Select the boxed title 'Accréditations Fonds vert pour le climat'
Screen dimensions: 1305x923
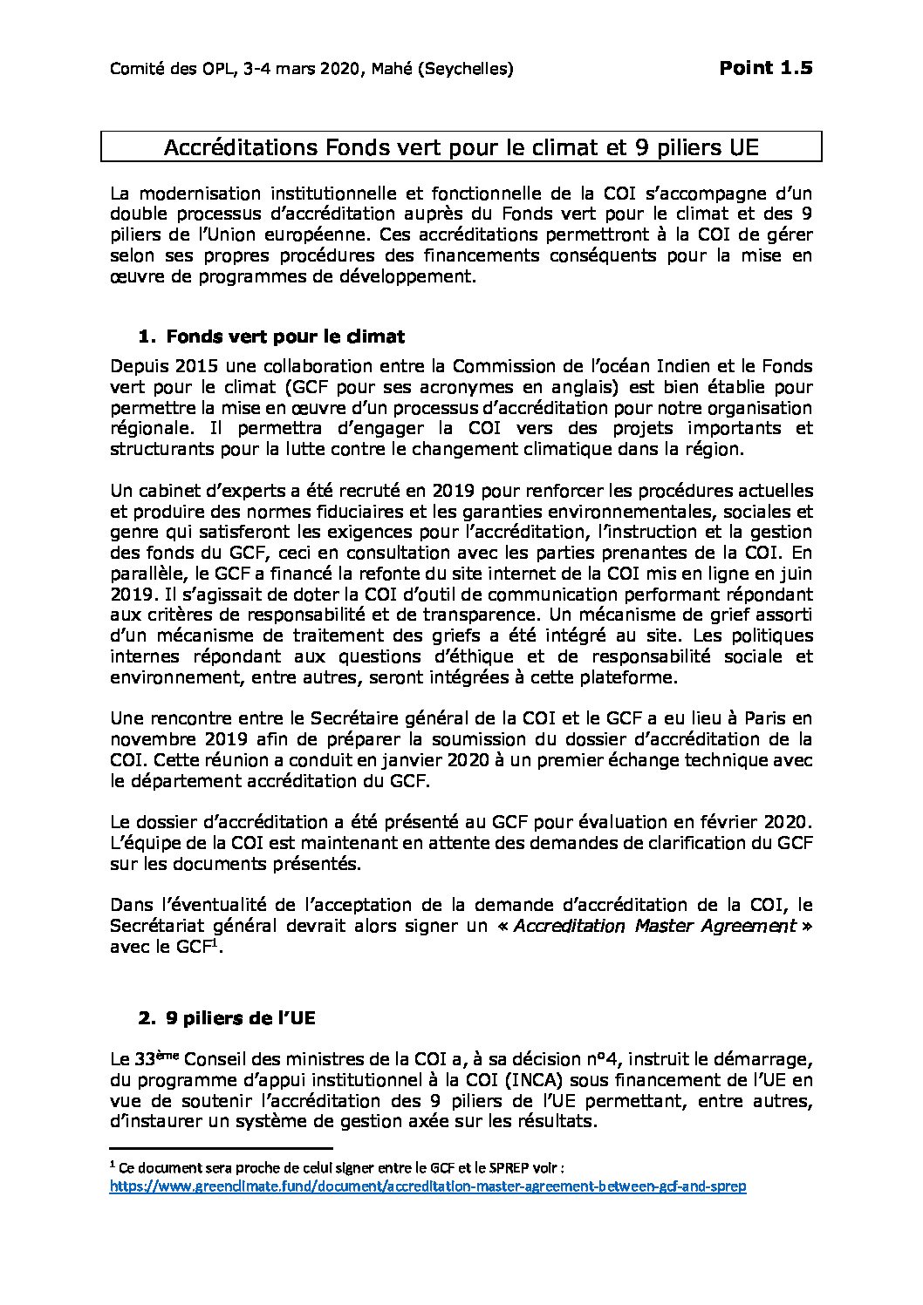[461, 147]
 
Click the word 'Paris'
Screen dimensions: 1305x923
[745, 718]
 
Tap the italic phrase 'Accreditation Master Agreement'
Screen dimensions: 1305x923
[654, 926]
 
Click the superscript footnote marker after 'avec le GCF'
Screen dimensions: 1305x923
[215, 941]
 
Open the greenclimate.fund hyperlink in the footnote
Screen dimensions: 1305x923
[428, 1186]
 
